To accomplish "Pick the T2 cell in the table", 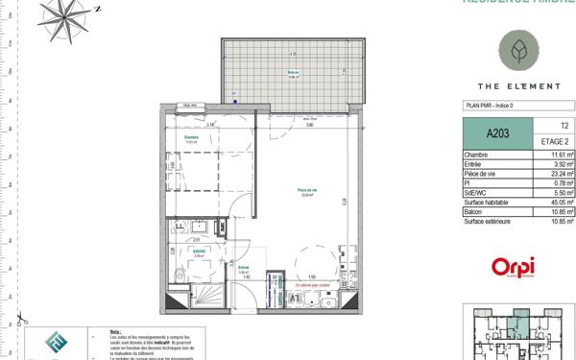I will (x=563, y=126).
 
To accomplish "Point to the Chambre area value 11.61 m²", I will (x=562, y=155).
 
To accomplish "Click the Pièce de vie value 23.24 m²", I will (x=562, y=174).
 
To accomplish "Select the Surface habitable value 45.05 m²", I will (x=561, y=203).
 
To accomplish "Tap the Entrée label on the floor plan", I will (x=244, y=268).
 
